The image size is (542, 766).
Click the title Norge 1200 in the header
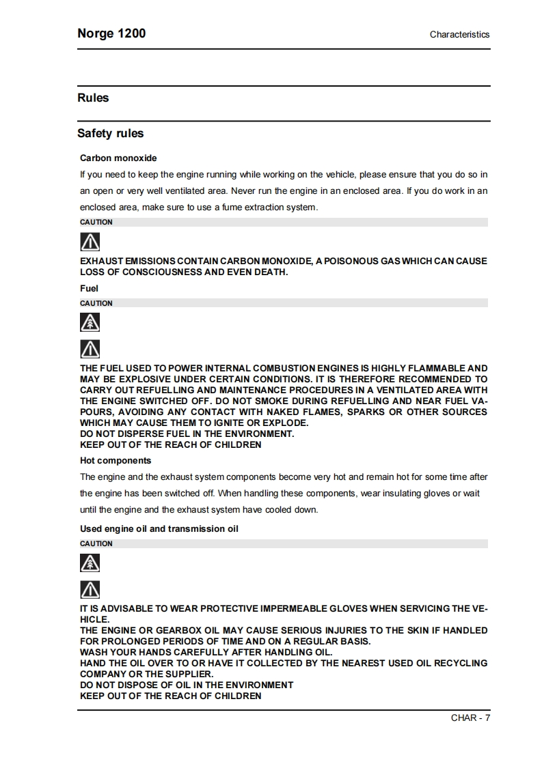coord(111,33)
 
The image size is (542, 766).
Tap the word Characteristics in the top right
coord(459,34)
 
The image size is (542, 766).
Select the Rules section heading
coord(93,98)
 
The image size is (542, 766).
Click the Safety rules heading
coord(110,133)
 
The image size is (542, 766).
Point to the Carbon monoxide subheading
coord(118,158)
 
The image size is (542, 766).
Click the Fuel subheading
coord(89,288)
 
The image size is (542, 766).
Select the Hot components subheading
coord(116,460)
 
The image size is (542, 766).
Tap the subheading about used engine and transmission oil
coord(159,528)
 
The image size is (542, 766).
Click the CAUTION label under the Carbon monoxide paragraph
coord(96,222)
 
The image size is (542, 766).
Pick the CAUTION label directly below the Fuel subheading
coord(96,303)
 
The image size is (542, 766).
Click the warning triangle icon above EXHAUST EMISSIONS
coord(90,242)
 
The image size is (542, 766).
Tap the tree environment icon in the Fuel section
coord(90,322)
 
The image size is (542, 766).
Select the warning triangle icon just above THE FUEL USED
coord(90,349)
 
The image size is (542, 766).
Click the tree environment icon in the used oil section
coord(90,563)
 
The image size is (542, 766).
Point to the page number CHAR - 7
coord(470,718)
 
